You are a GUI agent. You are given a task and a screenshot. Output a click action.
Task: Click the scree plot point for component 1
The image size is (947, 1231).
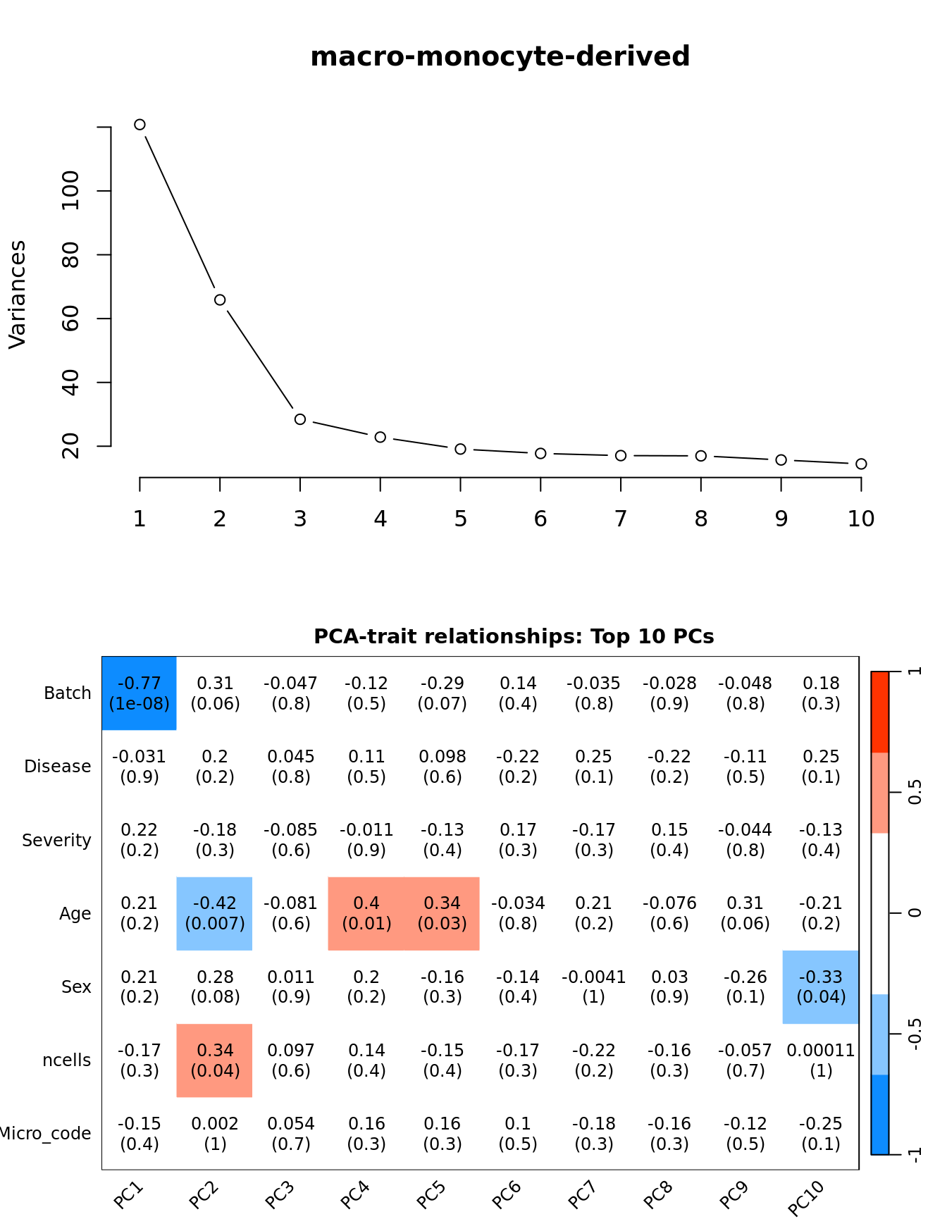coord(140,125)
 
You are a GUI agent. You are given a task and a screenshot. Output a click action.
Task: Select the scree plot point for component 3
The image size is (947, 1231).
coord(300,419)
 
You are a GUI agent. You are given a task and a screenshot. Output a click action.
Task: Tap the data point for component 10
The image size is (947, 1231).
coord(861,464)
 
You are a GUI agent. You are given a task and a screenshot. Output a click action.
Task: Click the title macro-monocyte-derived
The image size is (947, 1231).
coord(500,57)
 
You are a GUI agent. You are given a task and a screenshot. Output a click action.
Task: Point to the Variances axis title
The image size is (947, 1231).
coord(17,295)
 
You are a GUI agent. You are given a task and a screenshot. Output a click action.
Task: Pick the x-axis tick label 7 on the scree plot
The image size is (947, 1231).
coord(621,519)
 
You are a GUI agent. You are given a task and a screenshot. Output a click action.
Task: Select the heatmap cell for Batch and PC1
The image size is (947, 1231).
coord(140,693)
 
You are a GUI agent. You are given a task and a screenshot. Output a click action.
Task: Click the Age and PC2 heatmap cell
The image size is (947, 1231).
coord(215,913)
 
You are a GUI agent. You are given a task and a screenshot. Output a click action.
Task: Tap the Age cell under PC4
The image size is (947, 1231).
coord(366,913)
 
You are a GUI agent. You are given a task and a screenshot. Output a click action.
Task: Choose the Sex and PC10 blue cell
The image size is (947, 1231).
coord(821,986)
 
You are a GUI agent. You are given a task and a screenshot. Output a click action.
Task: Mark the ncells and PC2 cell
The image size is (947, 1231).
coord(215,1060)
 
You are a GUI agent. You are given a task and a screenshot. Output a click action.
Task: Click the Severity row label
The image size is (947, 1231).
coord(56,841)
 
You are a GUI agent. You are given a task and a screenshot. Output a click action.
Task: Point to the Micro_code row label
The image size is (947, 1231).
coord(45,1134)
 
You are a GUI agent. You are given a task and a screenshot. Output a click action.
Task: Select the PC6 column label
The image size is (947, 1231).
coord(507,1195)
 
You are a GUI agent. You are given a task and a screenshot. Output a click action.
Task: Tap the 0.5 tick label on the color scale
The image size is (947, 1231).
coord(915,793)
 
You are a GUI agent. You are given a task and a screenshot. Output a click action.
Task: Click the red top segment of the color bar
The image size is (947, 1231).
coord(880,712)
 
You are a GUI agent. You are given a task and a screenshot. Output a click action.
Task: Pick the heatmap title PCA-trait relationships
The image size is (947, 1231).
coord(514,637)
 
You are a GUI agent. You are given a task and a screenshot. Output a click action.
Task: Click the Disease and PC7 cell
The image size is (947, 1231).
coord(594,767)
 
